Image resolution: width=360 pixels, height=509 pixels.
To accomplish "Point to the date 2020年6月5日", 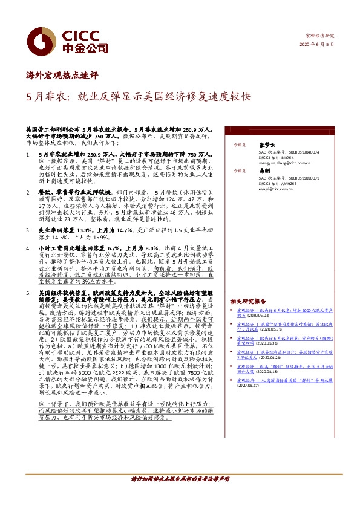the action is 316,45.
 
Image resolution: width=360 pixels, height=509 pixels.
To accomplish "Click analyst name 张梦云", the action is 266,145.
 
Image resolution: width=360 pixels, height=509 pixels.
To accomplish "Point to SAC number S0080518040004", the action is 291,152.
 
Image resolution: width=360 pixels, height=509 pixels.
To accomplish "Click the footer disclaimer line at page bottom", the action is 180,495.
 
